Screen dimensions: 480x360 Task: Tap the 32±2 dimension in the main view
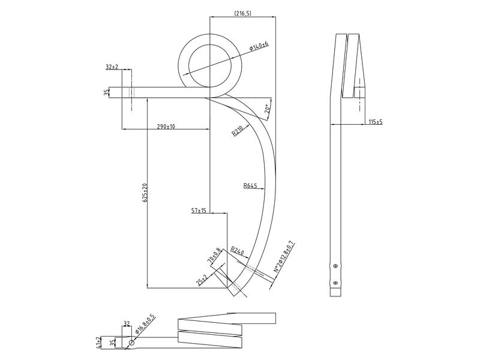click(x=112, y=67)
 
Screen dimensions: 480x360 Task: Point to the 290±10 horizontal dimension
click(x=166, y=126)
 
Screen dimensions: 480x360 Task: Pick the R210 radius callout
click(x=237, y=131)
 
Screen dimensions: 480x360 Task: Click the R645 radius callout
click(x=250, y=186)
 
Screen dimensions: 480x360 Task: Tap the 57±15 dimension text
click(x=199, y=210)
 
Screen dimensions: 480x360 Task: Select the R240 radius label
click(x=237, y=250)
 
